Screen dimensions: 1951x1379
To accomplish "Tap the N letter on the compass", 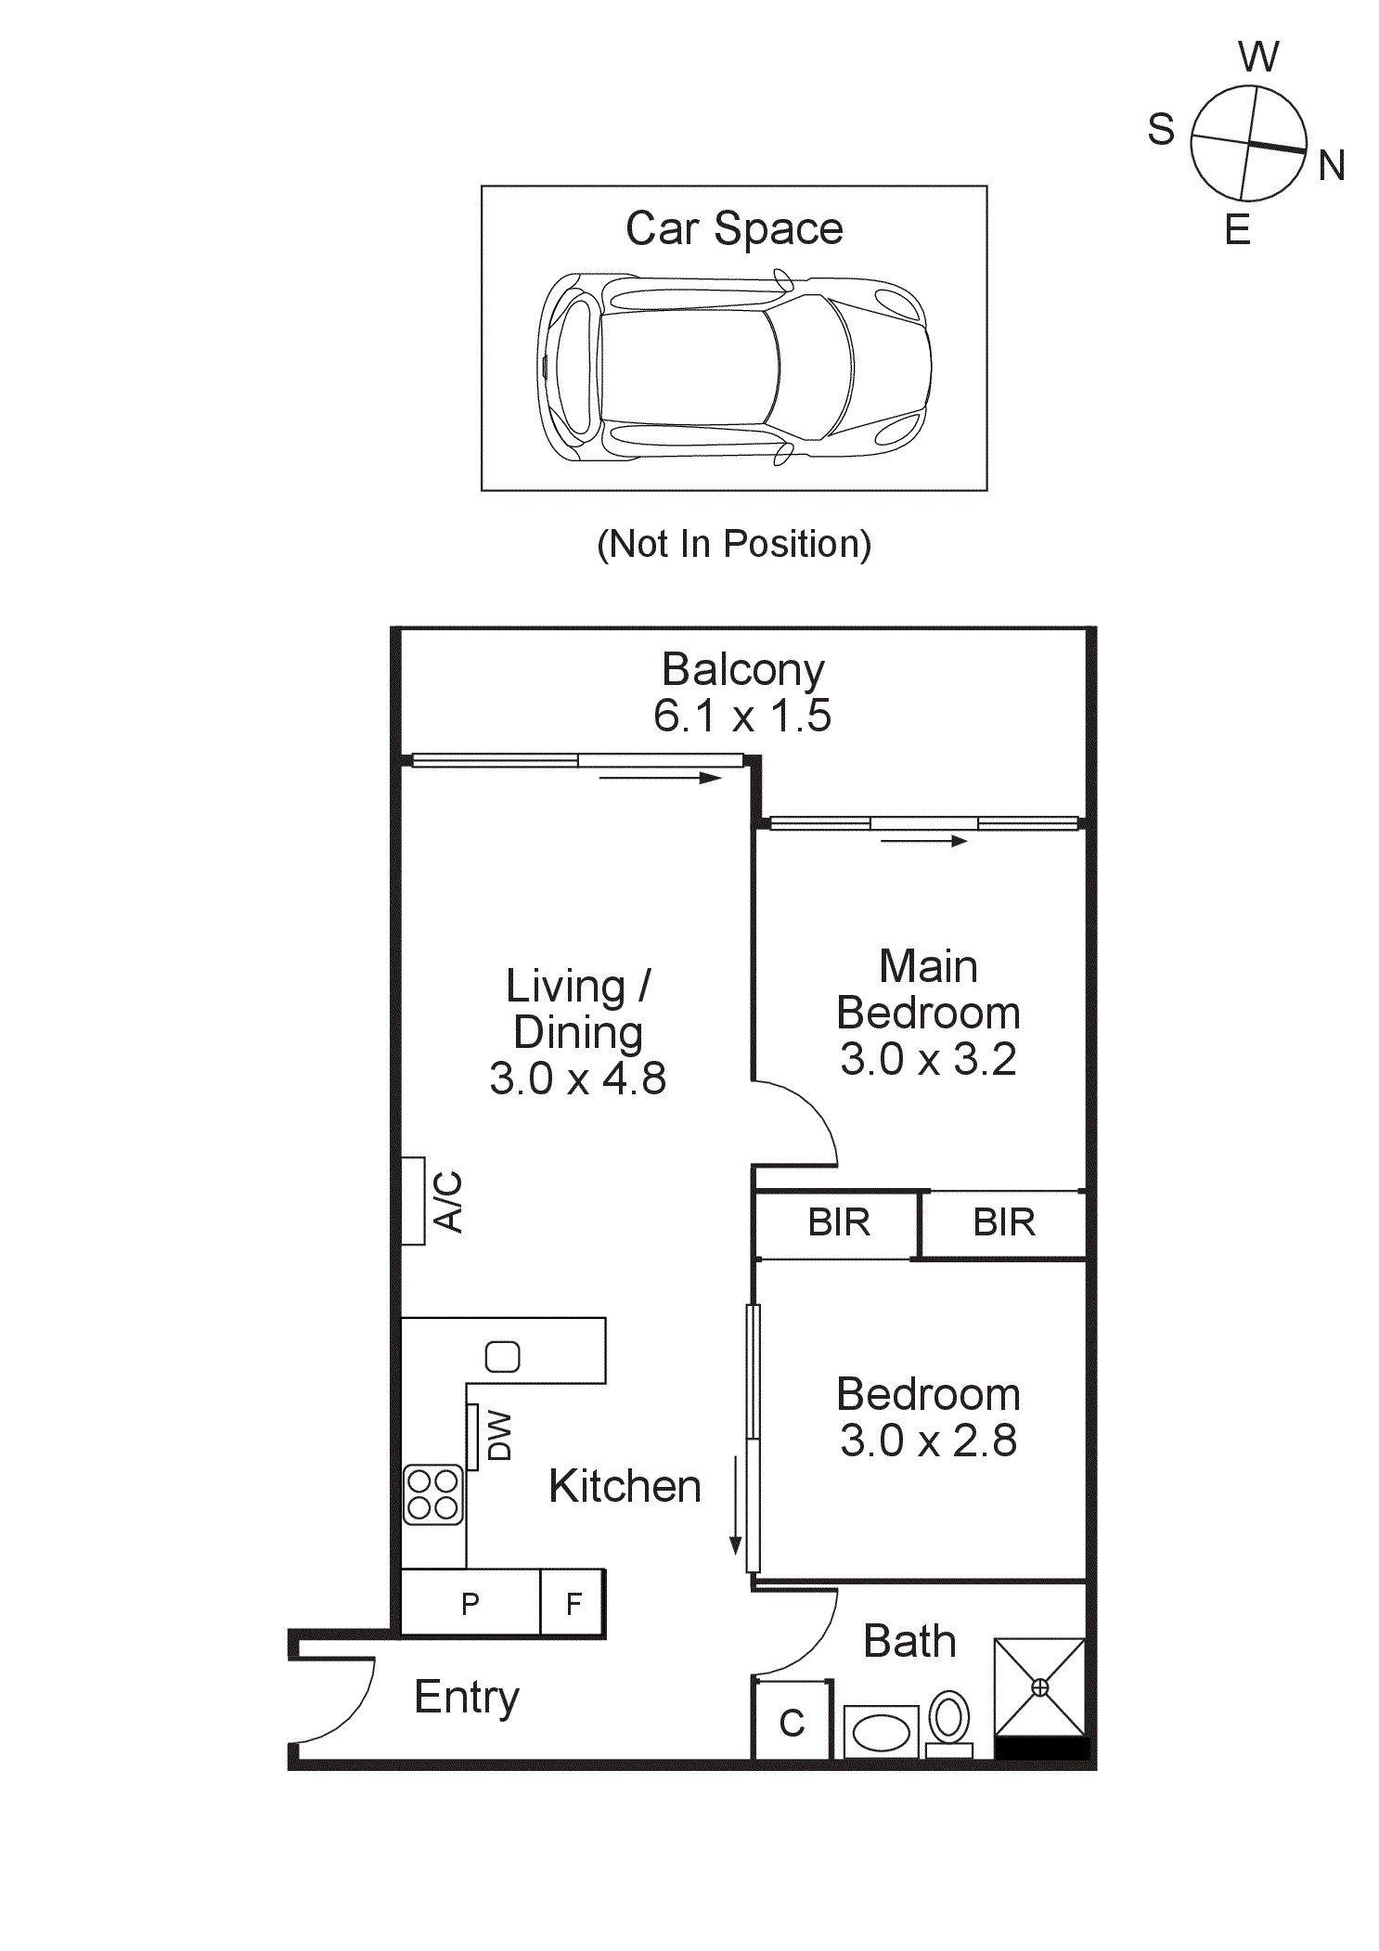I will [x=1331, y=166].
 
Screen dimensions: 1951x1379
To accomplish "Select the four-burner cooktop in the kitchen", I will [x=433, y=1494].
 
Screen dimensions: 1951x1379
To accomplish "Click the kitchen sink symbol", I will [x=502, y=1357].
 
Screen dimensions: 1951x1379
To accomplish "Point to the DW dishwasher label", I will [x=499, y=1436].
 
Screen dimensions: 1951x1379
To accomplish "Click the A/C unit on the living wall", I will [x=413, y=1200].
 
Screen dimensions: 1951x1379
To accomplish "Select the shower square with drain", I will [x=1039, y=1686].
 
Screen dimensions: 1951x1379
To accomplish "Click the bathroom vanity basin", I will [x=881, y=1732].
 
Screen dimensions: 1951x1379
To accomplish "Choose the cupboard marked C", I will [x=792, y=1723].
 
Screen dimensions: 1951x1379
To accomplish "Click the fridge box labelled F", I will [x=574, y=1603].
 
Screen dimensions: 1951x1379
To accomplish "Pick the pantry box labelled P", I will [x=470, y=1603].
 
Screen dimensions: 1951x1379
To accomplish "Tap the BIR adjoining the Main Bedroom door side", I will [x=838, y=1223].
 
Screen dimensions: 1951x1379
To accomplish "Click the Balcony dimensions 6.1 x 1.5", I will [x=742, y=716].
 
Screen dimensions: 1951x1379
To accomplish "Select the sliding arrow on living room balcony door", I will [x=660, y=778].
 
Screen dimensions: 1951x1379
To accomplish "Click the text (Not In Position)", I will [x=733, y=544].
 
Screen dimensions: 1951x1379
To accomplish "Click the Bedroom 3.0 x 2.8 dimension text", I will [x=928, y=1441].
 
